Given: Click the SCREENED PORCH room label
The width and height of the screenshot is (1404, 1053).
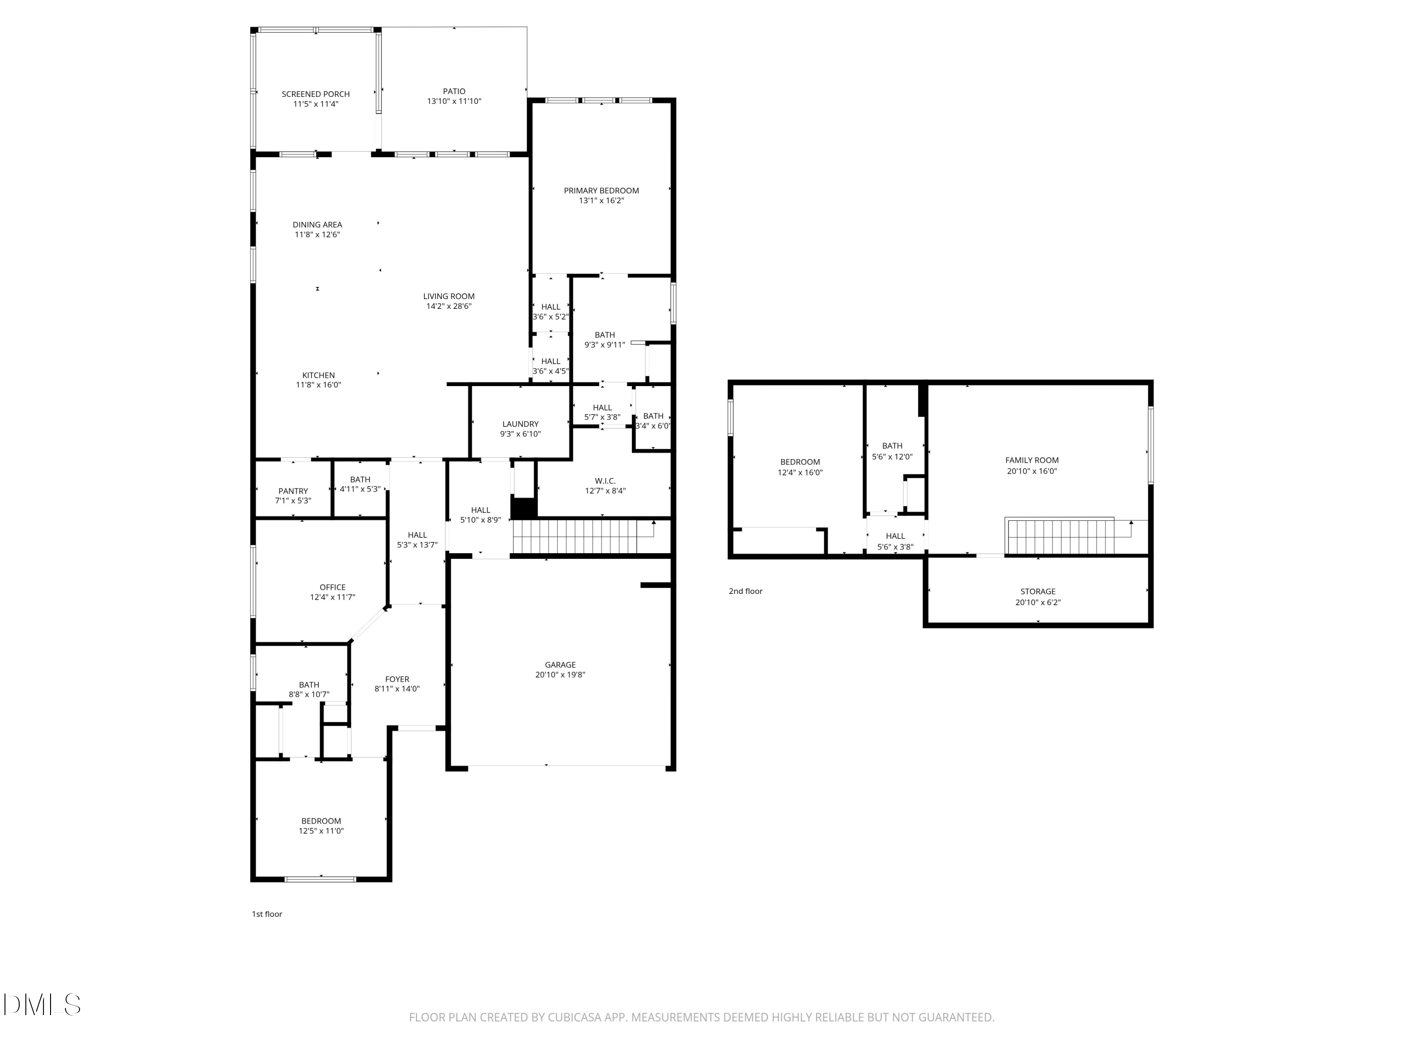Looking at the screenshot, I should (x=315, y=94).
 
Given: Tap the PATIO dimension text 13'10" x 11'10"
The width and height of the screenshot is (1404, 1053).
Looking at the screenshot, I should (x=454, y=102).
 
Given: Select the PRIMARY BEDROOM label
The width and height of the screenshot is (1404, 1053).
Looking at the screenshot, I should (x=601, y=190).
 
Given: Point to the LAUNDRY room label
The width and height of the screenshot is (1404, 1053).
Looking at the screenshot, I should (x=520, y=424).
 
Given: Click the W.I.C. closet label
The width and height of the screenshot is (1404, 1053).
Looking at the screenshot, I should (x=605, y=481).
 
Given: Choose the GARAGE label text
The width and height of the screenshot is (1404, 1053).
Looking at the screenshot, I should (x=560, y=665).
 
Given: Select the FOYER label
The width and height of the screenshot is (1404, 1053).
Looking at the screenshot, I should (x=397, y=679).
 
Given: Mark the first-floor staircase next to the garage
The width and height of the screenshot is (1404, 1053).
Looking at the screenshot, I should (x=574, y=537).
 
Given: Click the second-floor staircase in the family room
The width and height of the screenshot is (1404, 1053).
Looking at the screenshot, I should (x=1060, y=537).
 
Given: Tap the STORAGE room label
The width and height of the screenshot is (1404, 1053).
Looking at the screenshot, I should (x=1038, y=592).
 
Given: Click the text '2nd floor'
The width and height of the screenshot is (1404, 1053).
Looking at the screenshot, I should (x=745, y=592).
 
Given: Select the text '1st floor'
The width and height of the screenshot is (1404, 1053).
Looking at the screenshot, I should (x=267, y=914).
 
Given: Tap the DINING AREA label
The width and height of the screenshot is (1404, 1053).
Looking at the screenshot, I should (x=317, y=225).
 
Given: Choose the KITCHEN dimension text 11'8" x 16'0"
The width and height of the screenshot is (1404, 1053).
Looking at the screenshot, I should (x=318, y=385).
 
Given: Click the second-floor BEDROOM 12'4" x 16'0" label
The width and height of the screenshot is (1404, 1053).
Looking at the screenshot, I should (x=800, y=462).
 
